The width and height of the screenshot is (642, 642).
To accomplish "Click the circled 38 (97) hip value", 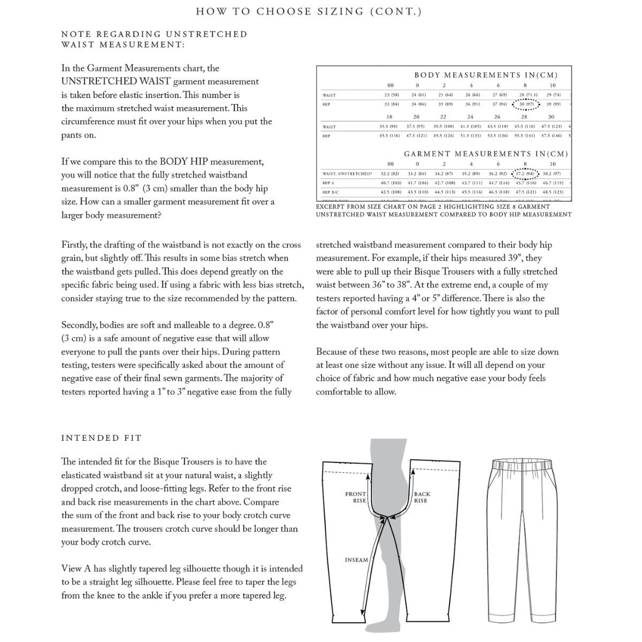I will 526,104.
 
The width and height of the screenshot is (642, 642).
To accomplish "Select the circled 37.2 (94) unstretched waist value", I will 525,174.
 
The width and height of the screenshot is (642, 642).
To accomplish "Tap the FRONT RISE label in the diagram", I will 356,497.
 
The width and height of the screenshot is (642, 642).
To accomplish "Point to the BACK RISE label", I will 421,497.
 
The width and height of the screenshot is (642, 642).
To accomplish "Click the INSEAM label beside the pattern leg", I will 356,560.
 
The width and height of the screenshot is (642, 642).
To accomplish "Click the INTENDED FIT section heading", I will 102,438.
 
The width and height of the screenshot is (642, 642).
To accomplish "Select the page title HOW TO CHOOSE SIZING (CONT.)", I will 309,11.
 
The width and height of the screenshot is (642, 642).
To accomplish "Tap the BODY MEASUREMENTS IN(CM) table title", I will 486,75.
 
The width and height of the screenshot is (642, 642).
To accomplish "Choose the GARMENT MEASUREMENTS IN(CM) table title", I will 486,154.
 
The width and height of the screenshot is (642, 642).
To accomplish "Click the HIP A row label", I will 328,183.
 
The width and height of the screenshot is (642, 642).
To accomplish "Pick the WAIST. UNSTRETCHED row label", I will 347,174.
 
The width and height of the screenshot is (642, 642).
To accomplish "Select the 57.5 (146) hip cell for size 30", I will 552,136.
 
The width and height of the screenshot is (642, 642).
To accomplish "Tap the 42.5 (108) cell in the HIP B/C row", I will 391,192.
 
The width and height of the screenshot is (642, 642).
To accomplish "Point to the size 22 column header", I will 443,117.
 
